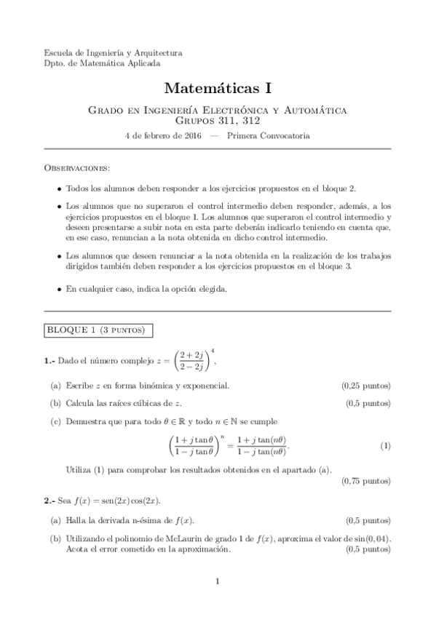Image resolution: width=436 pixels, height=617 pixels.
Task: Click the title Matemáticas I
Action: [218, 89]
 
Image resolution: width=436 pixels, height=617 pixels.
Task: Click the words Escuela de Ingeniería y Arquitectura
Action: [114, 52]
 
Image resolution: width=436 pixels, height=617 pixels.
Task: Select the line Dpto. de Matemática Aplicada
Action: [102, 63]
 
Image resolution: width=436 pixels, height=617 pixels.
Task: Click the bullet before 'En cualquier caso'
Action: [59, 289]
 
